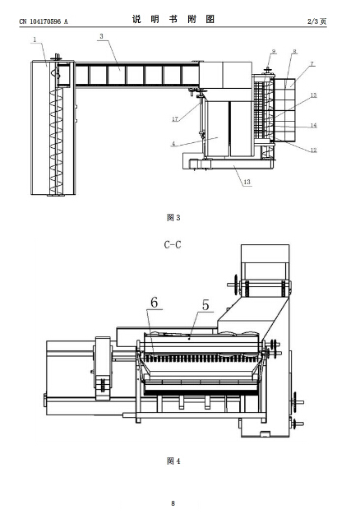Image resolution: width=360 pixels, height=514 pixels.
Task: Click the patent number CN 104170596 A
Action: click(x=44, y=21)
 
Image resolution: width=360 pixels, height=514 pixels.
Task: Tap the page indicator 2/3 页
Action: click(x=316, y=21)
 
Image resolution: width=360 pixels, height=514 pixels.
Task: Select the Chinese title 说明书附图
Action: click(x=173, y=20)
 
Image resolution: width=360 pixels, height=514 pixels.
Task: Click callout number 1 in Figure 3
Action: click(x=35, y=39)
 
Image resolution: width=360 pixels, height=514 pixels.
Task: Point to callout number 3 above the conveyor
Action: click(x=101, y=36)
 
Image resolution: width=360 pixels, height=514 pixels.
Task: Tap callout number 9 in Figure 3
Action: click(x=274, y=52)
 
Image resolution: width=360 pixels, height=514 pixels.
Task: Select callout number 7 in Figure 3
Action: click(x=312, y=63)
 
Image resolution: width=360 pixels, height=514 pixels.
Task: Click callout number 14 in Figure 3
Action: click(x=313, y=125)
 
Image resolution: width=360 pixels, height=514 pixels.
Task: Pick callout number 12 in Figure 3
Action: click(x=313, y=150)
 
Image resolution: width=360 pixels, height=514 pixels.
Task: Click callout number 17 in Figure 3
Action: click(x=175, y=119)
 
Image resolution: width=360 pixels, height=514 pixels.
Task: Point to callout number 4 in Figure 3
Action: click(x=173, y=144)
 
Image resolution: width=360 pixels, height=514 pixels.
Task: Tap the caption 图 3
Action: click(x=173, y=218)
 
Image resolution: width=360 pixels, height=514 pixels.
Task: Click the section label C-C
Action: click(x=173, y=244)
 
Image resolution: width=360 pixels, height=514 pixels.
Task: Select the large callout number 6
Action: click(x=154, y=303)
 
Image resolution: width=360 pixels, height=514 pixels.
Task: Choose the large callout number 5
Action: click(x=205, y=305)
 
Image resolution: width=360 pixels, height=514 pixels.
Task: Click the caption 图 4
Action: click(x=173, y=461)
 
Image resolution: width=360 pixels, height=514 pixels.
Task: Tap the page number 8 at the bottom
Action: click(x=173, y=503)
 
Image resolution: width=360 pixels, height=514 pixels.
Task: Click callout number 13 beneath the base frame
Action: click(x=247, y=182)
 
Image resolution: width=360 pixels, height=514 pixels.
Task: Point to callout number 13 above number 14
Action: click(x=313, y=95)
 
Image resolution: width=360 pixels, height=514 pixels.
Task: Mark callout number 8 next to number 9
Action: click(x=294, y=52)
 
